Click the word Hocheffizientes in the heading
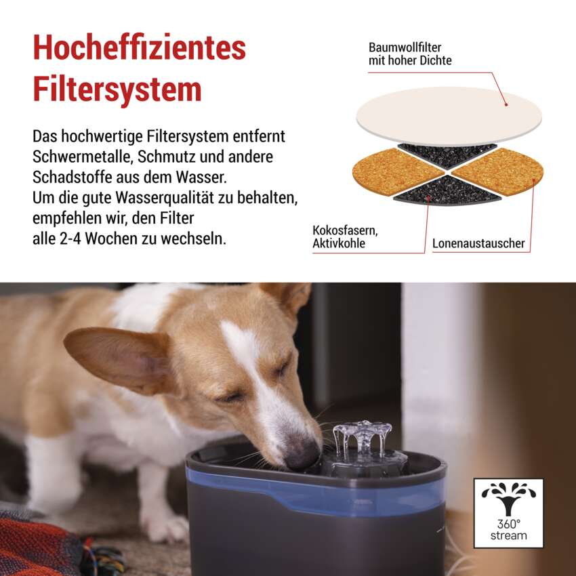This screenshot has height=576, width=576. pos(139,47)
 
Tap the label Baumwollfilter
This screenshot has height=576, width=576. pos(405,47)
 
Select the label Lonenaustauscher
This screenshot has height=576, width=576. pos(478,243)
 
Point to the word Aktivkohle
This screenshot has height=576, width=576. pos(339,243)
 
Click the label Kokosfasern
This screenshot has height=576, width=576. pos(345,230)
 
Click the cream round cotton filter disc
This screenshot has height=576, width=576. pos(449,116)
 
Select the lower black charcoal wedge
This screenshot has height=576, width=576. pos(447,190)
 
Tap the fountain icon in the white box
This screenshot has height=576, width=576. pos(508,499)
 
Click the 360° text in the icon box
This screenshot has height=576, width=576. pos(509,524)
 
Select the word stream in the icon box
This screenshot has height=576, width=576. pos(509,535)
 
